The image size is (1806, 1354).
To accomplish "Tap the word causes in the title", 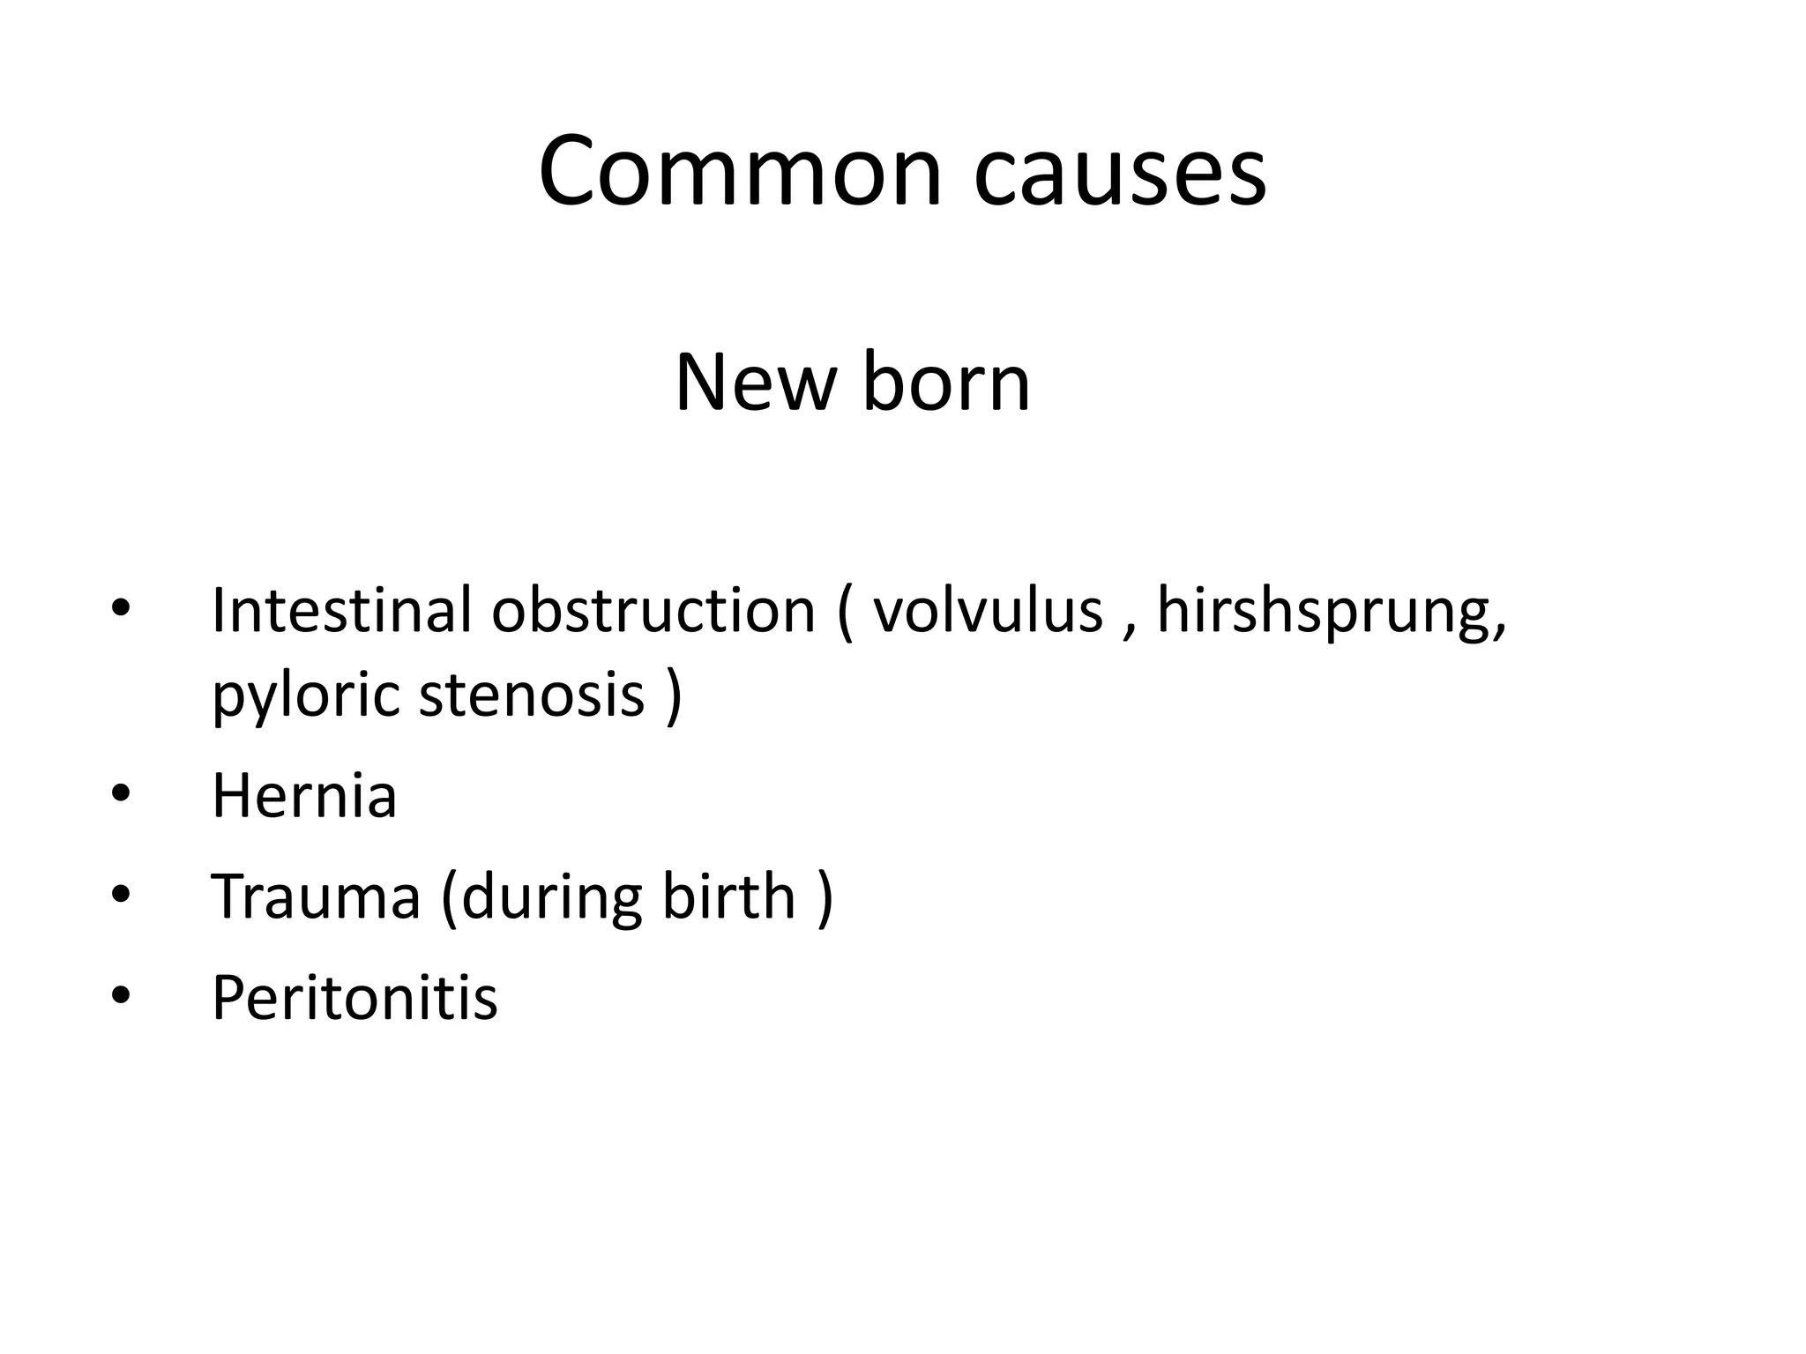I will pyautogui.click(x=1120, y=171).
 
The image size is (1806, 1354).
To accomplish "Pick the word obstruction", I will pyautogui.click(x=653, y=610).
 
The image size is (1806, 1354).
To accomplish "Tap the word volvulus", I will pyautogui.click(x=988, y=610).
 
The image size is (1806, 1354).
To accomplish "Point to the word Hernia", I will pyautogui.click(x=304, y=796).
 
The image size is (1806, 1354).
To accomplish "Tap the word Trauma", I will pyautogui.click(x=316, y=896).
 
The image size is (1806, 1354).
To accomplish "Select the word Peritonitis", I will pyautogui.click(x=354, y=998).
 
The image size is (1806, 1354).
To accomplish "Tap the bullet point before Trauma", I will pyautogui.click(x=121, y=896).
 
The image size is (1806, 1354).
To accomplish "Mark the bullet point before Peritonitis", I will pyautogui.click(x=121, y=997).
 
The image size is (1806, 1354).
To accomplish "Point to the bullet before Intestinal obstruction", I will pyautogui.click(x=121, y=610).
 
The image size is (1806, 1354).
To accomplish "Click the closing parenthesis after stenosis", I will pyautogui.click(x=674, y=696).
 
